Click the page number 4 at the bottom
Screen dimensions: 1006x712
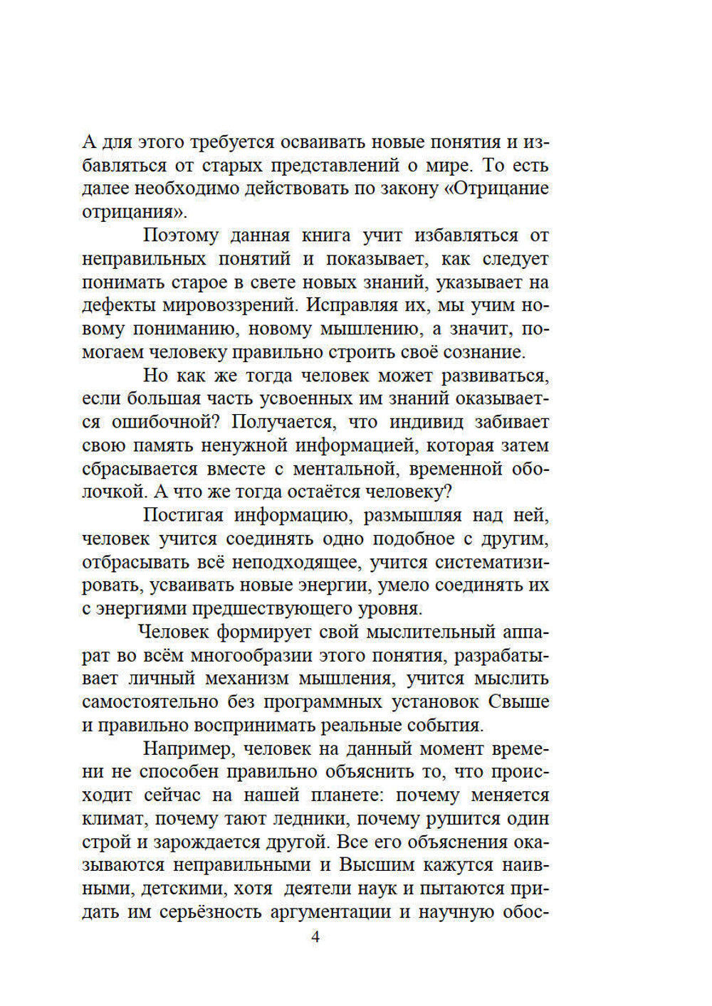(316, 937)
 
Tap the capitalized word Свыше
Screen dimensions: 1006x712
(518, 703)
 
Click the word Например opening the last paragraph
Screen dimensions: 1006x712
(187, 749)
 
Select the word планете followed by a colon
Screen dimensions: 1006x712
(347, 796)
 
